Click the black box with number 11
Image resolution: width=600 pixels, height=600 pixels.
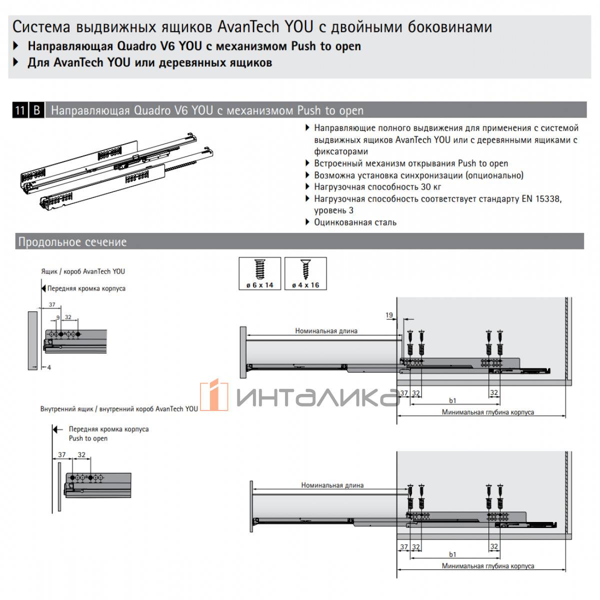(20, 110)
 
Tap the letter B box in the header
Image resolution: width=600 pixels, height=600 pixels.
(36, 110)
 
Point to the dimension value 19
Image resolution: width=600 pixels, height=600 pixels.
(389, 315)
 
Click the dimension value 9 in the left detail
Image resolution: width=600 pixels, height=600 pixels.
(58, 317)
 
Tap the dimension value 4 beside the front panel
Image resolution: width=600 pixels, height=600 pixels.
(49, 367)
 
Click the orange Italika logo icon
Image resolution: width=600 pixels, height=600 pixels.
(214, 394)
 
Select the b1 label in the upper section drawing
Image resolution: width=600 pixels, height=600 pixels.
(452, 400)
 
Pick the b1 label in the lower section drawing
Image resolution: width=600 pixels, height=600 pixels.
(452, 554)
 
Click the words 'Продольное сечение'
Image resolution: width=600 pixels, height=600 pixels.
(72, 242)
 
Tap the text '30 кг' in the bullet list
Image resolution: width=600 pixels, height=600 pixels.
(431, 186)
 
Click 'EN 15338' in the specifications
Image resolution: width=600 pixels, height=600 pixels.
(541, 198)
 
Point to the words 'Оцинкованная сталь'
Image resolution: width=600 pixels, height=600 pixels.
(355, 222)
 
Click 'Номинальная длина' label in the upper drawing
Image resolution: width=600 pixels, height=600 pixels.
(326, 330)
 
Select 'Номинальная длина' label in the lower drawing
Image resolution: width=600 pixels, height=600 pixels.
(332, 485)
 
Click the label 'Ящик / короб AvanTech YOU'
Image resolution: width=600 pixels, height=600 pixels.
(83, 271)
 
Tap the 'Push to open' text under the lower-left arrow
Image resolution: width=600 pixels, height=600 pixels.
(88, 438)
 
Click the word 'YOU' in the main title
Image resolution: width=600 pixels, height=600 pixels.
(298, 26)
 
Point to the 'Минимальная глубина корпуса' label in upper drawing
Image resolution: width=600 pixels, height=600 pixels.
(488, 412)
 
